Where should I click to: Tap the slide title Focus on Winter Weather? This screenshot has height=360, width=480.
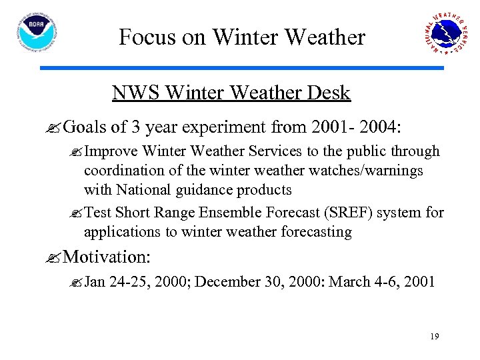click(x=242, y=37)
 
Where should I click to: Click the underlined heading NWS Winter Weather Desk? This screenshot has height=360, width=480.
click(x=231, y=93)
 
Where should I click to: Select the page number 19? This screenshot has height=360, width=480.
click(x=434, y=337)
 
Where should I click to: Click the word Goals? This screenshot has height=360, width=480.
click(x=87, y=127)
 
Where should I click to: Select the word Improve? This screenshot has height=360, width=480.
click(x=111, y=152)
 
